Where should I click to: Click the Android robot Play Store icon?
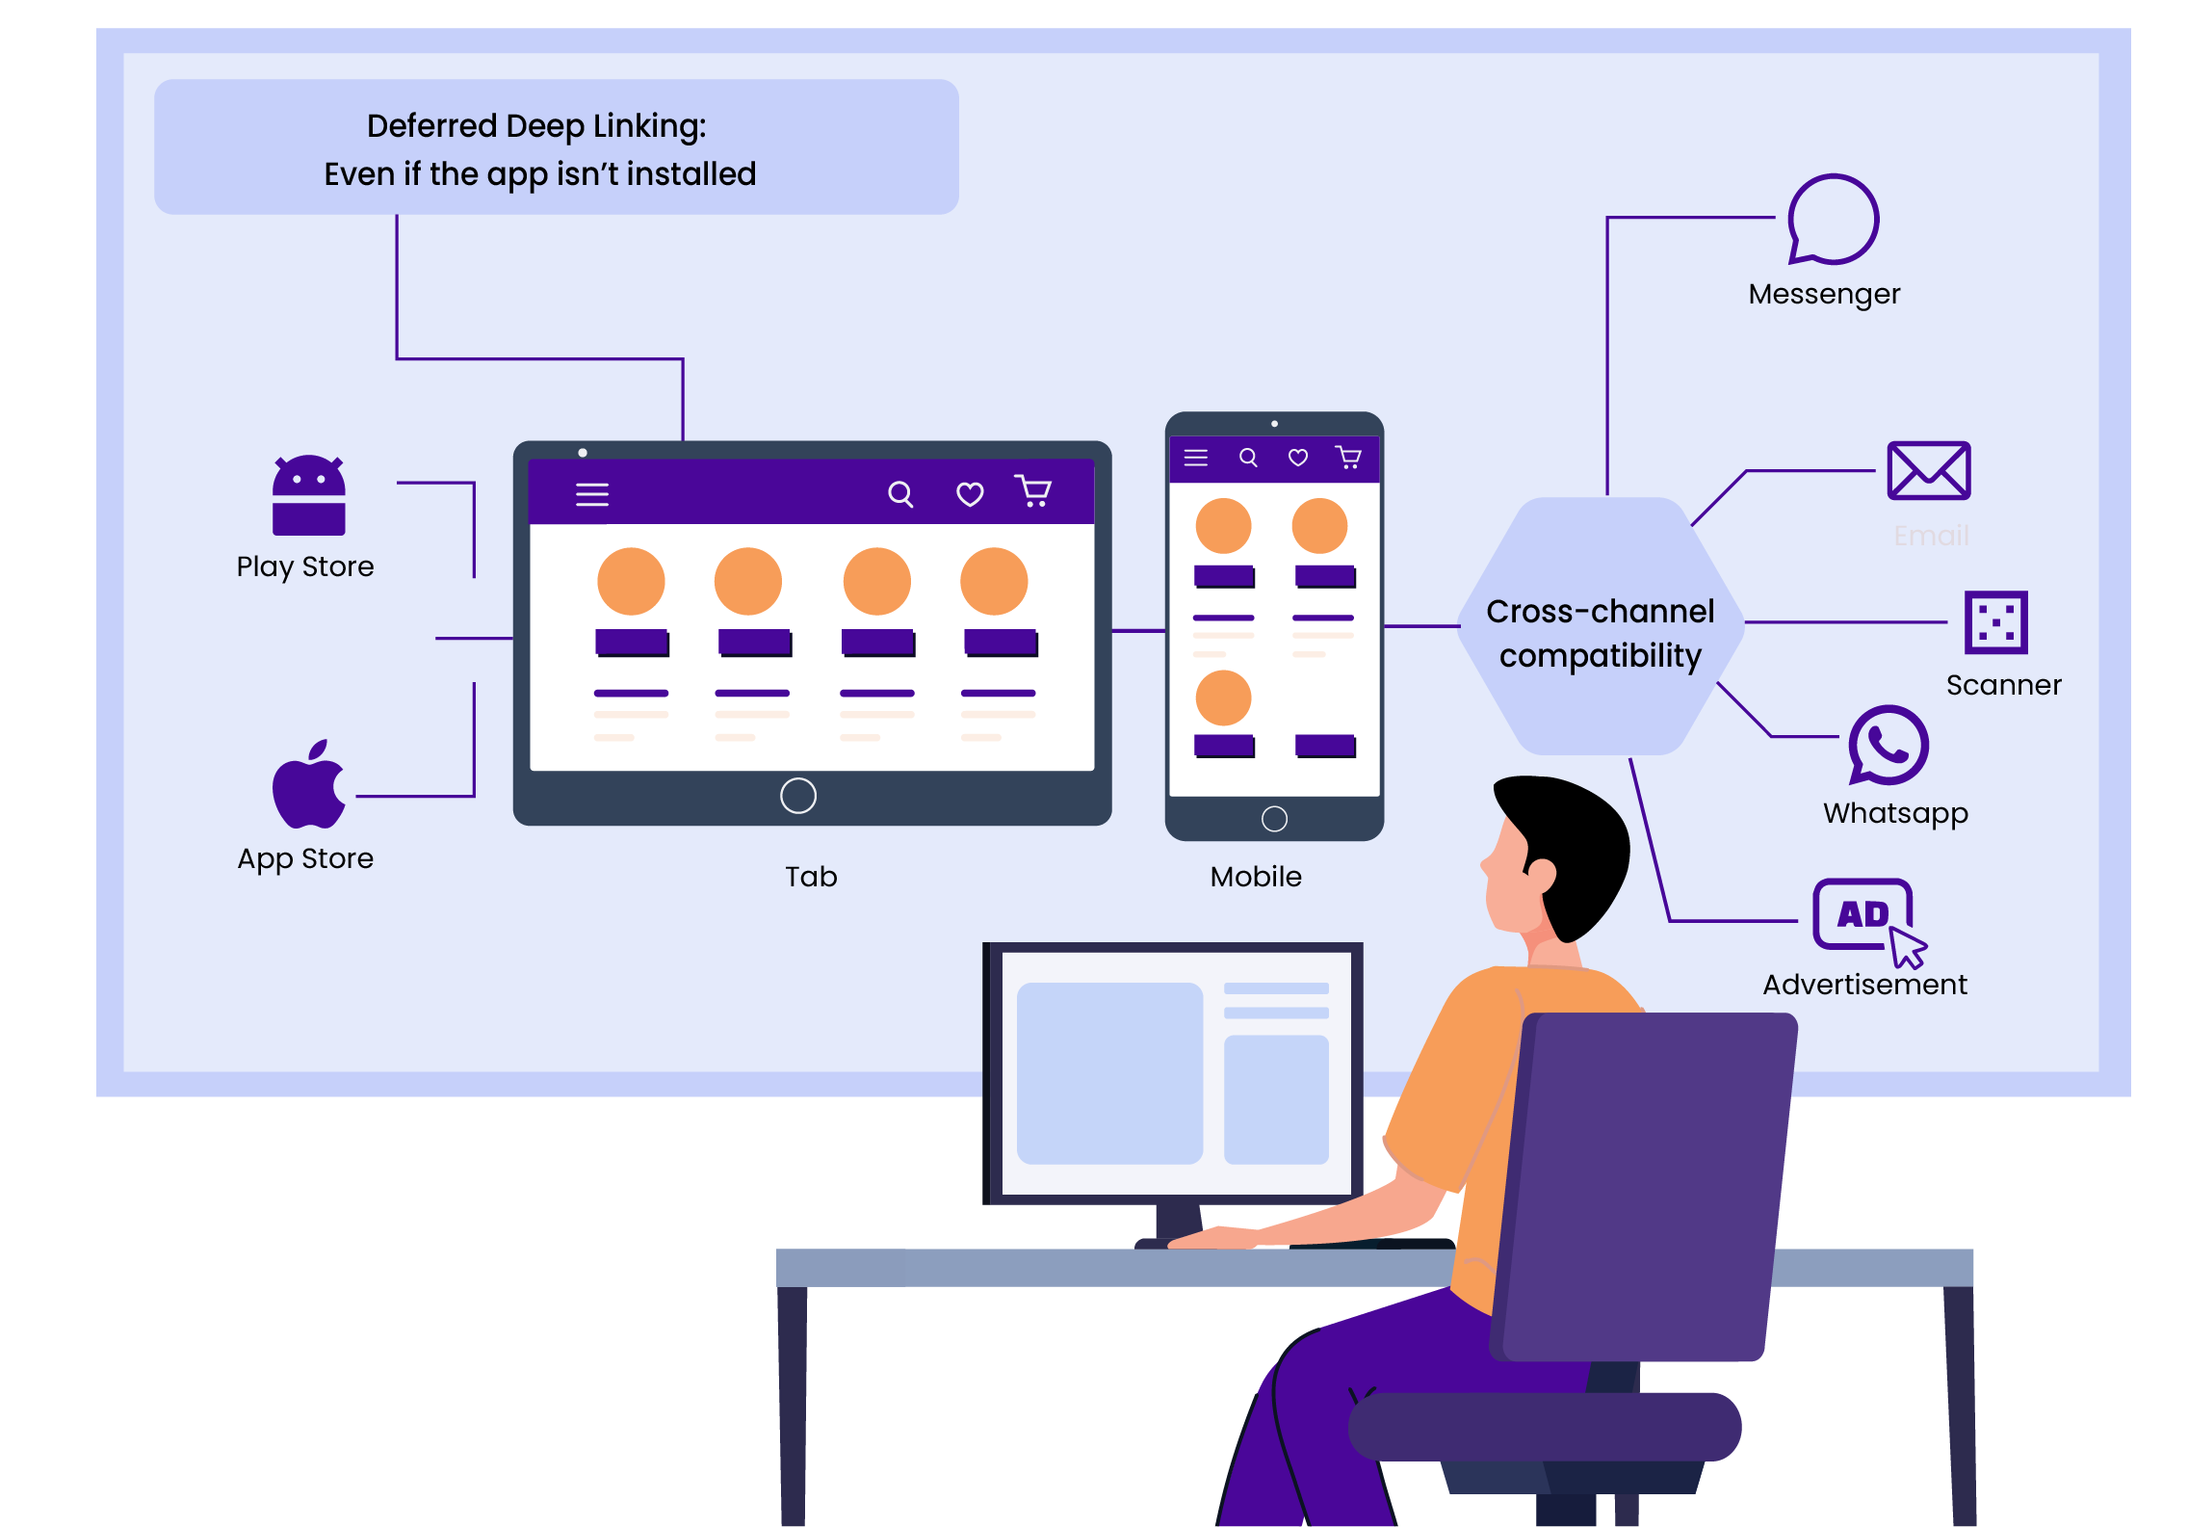click(308, 495)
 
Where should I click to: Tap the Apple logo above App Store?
click(308, 786)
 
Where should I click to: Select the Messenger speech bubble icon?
click(1833, 220)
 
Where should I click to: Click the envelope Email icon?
click(1928, 470)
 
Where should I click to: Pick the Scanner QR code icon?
click(1995, 622)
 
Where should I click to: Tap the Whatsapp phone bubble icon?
click(1888, 745)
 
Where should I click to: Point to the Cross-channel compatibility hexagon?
click(1601, 627)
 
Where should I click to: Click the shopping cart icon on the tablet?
click(1033, 491)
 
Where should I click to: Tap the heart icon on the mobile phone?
click(1298, 458)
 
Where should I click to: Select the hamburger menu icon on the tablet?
click(592, 495)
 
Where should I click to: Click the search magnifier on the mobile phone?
click(1248, 458)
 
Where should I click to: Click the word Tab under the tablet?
click(811, 877)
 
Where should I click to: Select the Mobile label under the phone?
click(1256, 877)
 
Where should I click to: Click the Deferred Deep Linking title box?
click(556, 147)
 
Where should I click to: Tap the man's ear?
click(1540, 875)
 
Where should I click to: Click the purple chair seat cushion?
click(1545, 1426)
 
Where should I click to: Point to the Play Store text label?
click(305, 566)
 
